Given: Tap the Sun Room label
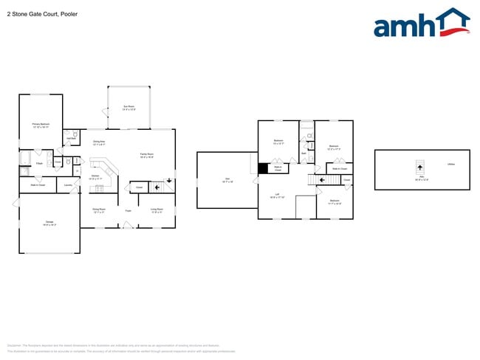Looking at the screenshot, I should coord(128,108).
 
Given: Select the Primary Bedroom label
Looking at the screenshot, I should coord(41,125).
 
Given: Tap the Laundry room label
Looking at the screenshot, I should coord(68,184).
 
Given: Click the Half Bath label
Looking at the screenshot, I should coord(72,137).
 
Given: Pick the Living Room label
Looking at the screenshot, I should coord(157,210).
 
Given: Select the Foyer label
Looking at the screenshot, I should coord(128,210).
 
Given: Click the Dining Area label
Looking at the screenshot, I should coord(99,142).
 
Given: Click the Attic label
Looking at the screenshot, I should coord(421,177).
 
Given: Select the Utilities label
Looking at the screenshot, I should coord(450,165).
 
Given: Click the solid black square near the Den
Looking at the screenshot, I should coord(261,168).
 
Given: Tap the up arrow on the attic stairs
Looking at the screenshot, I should coord(421,167).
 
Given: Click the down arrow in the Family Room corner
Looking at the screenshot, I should coord(169,180).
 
